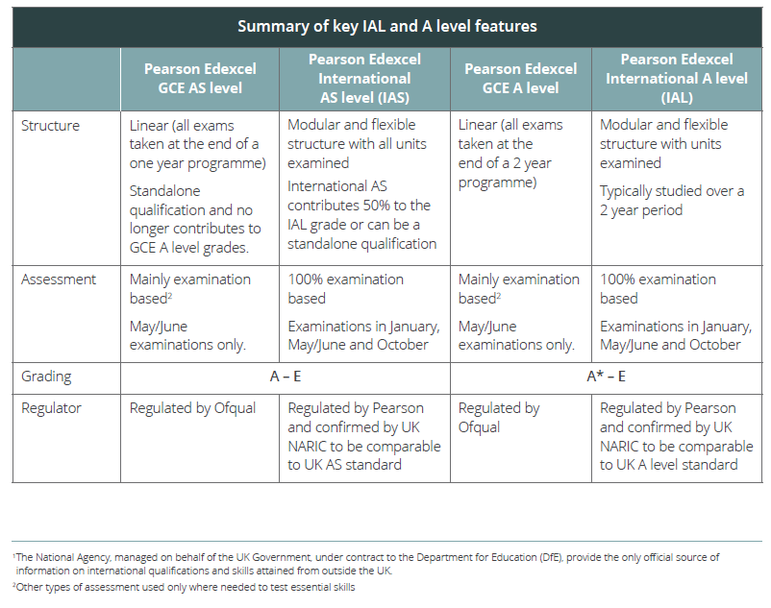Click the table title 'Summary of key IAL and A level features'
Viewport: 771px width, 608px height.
click(386, 26)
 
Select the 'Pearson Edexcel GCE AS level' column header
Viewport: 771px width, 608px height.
click(199, 78)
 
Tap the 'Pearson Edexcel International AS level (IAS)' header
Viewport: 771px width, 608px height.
click(364, 78)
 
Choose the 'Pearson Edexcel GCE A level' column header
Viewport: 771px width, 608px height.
click(520, 78)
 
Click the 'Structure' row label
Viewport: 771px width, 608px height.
click(50, 126)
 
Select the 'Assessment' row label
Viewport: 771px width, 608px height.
click(58, 280)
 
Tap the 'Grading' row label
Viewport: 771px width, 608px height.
click(46, 377)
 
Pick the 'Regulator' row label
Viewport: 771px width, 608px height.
click(51, 408)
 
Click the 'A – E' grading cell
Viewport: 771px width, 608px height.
click(286, 377)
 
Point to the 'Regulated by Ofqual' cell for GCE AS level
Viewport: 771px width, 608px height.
click(192, 408)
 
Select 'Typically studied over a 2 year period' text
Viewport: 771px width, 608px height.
click(671, 200)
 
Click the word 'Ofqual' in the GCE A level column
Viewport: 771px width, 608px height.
click(479, 427)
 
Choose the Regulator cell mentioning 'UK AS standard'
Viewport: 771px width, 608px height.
click(363, 436)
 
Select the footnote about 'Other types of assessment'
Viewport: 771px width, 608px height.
click(183, 587)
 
